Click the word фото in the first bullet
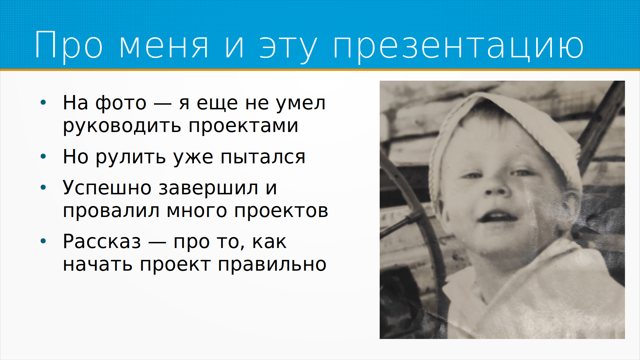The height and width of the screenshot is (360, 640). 121,103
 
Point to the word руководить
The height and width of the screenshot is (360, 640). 122,126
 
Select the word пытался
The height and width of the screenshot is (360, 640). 263,157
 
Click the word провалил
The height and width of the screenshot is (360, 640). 111,211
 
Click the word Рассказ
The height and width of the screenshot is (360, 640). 102,241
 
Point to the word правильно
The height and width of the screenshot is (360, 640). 272,265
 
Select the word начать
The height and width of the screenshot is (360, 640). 98,265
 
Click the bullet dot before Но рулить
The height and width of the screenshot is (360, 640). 43,156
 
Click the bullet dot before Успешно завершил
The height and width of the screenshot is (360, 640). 43,187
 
